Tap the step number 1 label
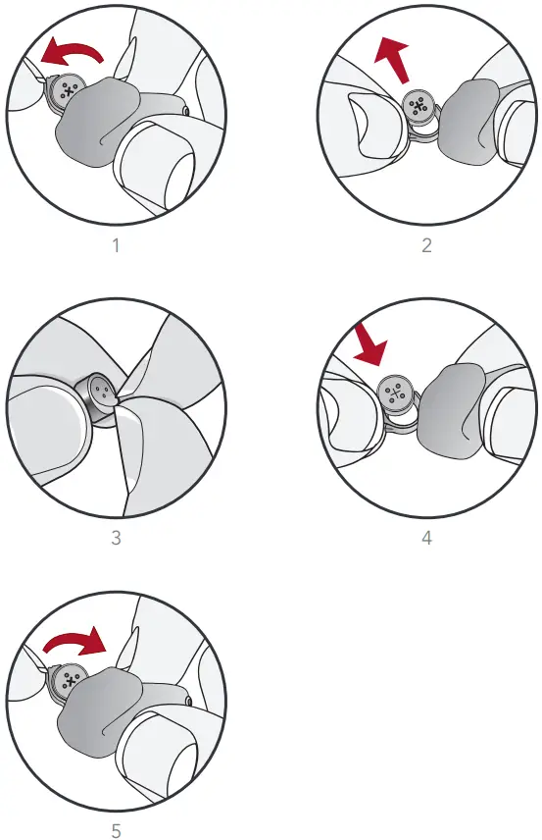coord(116,244)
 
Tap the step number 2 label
coord(426,244)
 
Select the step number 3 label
coord(116,538)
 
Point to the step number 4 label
coord(426,538)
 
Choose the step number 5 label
coord(116,830)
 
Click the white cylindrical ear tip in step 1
coord(162,162)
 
